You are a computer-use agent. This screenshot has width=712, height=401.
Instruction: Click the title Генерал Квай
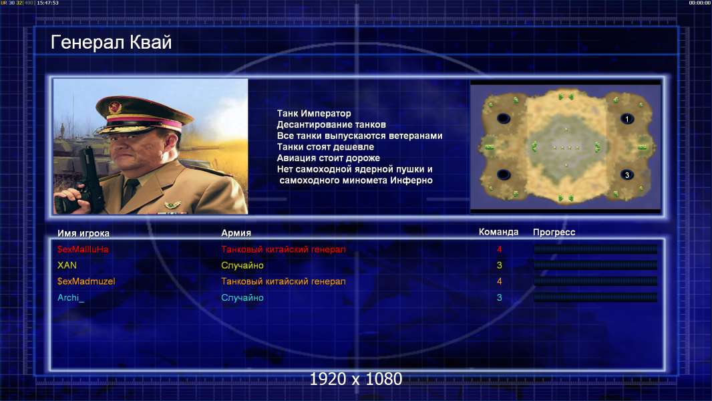(x=112, y=42)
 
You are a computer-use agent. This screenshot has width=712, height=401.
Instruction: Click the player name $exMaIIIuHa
(x=83, y=249)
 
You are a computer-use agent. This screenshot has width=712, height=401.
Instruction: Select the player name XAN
(x=67, y=265)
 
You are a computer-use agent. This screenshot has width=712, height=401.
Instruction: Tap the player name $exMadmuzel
(x=85, y=281)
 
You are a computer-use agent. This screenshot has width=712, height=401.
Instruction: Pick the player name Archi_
(x=71, y=298)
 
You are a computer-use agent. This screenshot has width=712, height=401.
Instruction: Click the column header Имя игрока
(x=83, y=233)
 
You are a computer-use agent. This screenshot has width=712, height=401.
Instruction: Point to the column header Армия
(x=236, y=233)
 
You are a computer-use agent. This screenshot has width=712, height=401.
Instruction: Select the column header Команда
(x=498, y=232)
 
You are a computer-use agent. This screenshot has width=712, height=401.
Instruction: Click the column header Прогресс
(x=554, y=233)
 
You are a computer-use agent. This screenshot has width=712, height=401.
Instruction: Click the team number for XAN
(x=499, y=265)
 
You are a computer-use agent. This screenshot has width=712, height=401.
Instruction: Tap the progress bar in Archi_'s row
(x=595, y=298)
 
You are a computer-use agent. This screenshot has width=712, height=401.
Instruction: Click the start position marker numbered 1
(x=627, y=119)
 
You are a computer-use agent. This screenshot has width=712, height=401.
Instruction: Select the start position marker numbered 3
(x=627, y=175)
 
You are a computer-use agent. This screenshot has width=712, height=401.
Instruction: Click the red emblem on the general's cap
(x=114, y=108)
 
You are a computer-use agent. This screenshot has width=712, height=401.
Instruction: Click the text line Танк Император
(x=314, y=114)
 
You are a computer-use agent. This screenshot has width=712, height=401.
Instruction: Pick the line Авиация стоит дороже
(x=329, y=158)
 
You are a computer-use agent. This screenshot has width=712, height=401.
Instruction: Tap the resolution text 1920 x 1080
(x=355, y=379)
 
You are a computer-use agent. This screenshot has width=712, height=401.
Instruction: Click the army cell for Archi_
(x=242, y=298)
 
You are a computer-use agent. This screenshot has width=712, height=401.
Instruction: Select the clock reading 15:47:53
(x=47, y=3)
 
